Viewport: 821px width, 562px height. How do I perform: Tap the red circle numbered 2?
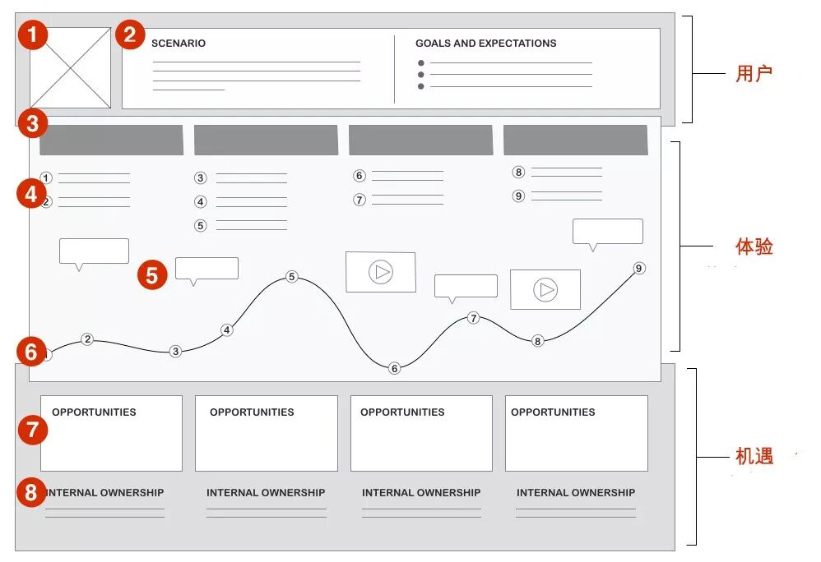point(129,35)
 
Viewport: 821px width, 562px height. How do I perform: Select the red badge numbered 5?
point(152,274)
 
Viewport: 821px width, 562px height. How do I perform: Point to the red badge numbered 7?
point(32,430)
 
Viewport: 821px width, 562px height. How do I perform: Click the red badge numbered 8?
point(32,493)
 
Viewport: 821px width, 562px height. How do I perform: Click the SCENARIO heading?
point(179,44)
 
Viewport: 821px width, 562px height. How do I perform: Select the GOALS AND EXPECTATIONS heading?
point(485,44)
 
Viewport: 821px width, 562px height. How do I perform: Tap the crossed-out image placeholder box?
point(71,68)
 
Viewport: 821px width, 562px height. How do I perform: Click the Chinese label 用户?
point(754,74)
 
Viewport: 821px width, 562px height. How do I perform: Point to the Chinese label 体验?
point(754,246)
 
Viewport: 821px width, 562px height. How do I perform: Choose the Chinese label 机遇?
point(754,457)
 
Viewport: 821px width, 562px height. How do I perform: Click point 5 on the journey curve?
point(291,277)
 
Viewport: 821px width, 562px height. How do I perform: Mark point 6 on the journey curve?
point(394,368)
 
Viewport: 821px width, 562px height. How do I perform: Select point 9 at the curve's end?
point(639,269)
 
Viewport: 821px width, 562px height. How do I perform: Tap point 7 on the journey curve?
point(473,318)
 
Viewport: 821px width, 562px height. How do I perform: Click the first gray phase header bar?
point(111,140)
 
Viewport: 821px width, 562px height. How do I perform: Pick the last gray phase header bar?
point(575,140)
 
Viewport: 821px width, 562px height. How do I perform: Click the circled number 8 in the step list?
point(518,173)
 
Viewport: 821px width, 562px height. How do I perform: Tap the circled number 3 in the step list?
point(200,177)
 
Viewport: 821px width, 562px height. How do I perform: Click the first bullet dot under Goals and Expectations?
point(421,62)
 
